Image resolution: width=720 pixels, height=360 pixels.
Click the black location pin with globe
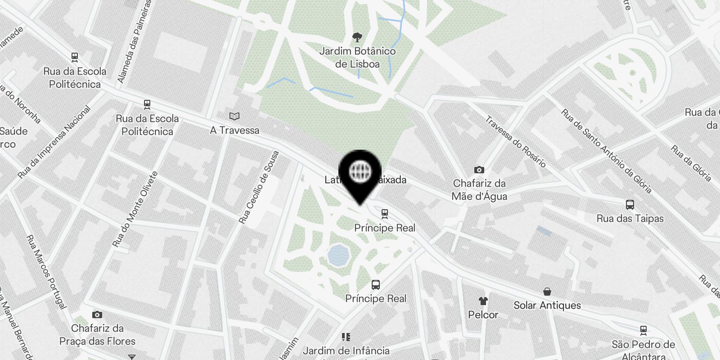[x=360, y=173]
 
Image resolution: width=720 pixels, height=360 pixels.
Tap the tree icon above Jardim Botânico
[x=357, y=37]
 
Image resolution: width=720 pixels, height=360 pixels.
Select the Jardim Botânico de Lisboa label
[x=357, y=58]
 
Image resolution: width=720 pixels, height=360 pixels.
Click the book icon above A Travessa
[x=234, y=117]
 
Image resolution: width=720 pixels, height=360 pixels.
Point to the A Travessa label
[x=234, y=130]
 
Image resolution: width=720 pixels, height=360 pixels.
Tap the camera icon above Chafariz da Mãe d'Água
[x=479, y=170]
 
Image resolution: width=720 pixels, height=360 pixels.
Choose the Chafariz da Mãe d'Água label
[x=479, y=190]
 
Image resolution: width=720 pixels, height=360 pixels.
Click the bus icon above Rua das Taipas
[x=630, y=205]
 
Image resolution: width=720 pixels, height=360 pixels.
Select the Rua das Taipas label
[x=630, y=219]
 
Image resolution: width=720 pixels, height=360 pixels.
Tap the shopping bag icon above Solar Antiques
[x=547, y=292]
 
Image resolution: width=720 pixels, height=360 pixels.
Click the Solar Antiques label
[x=547, y=306]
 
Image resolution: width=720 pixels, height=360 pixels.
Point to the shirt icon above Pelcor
[x=483, y=301]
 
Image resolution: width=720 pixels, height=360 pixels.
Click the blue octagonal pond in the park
[x=338, y=256]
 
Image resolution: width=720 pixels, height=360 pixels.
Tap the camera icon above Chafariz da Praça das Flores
[x=97, y=315]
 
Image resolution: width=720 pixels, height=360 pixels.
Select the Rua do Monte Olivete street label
[x=135, y=209]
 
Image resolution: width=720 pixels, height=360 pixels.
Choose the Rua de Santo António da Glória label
[x=606, y=151]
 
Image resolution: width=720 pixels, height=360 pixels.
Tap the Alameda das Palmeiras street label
[x=134, y=41]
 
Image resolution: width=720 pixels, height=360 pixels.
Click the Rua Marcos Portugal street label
[x=46, y=272]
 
